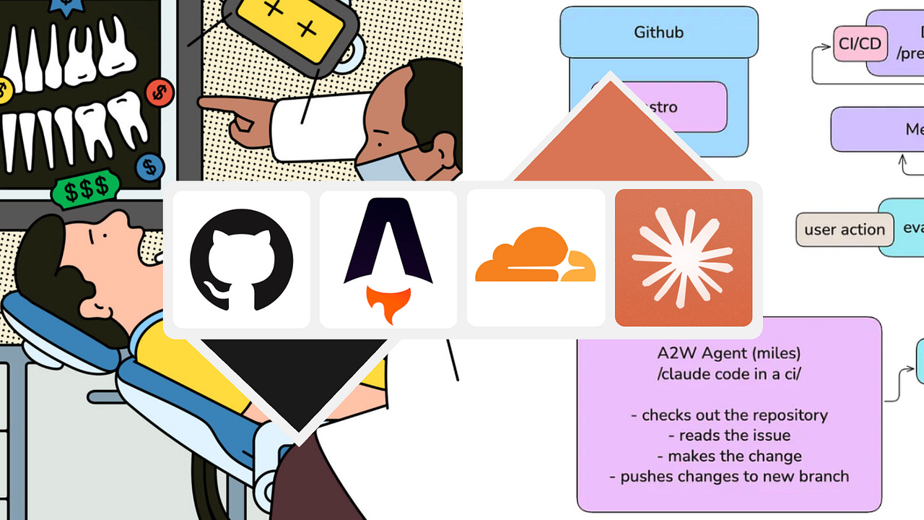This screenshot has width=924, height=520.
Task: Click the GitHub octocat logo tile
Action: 241,259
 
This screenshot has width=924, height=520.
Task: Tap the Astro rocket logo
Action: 388,259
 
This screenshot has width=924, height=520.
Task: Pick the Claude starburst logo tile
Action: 683,258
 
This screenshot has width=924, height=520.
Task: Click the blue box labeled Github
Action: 658,32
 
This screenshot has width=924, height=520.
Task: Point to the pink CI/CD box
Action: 860,44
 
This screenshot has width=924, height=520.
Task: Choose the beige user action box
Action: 844,230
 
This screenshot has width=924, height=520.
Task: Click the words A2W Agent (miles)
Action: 729,354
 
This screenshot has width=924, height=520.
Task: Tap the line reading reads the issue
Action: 729,435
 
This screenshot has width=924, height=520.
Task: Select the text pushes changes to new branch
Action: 729,477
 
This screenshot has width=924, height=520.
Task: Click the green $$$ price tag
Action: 85,191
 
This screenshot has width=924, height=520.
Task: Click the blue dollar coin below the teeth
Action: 149,167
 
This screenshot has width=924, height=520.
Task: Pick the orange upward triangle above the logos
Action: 611,137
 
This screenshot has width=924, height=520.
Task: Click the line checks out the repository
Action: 729,415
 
